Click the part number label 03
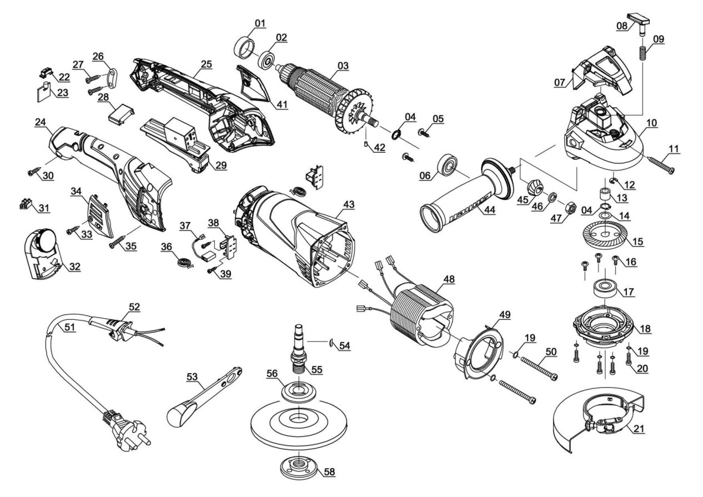pyautogui.click(x=343, y=66)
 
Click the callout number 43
pyautogui.click(x=348, y=204)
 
